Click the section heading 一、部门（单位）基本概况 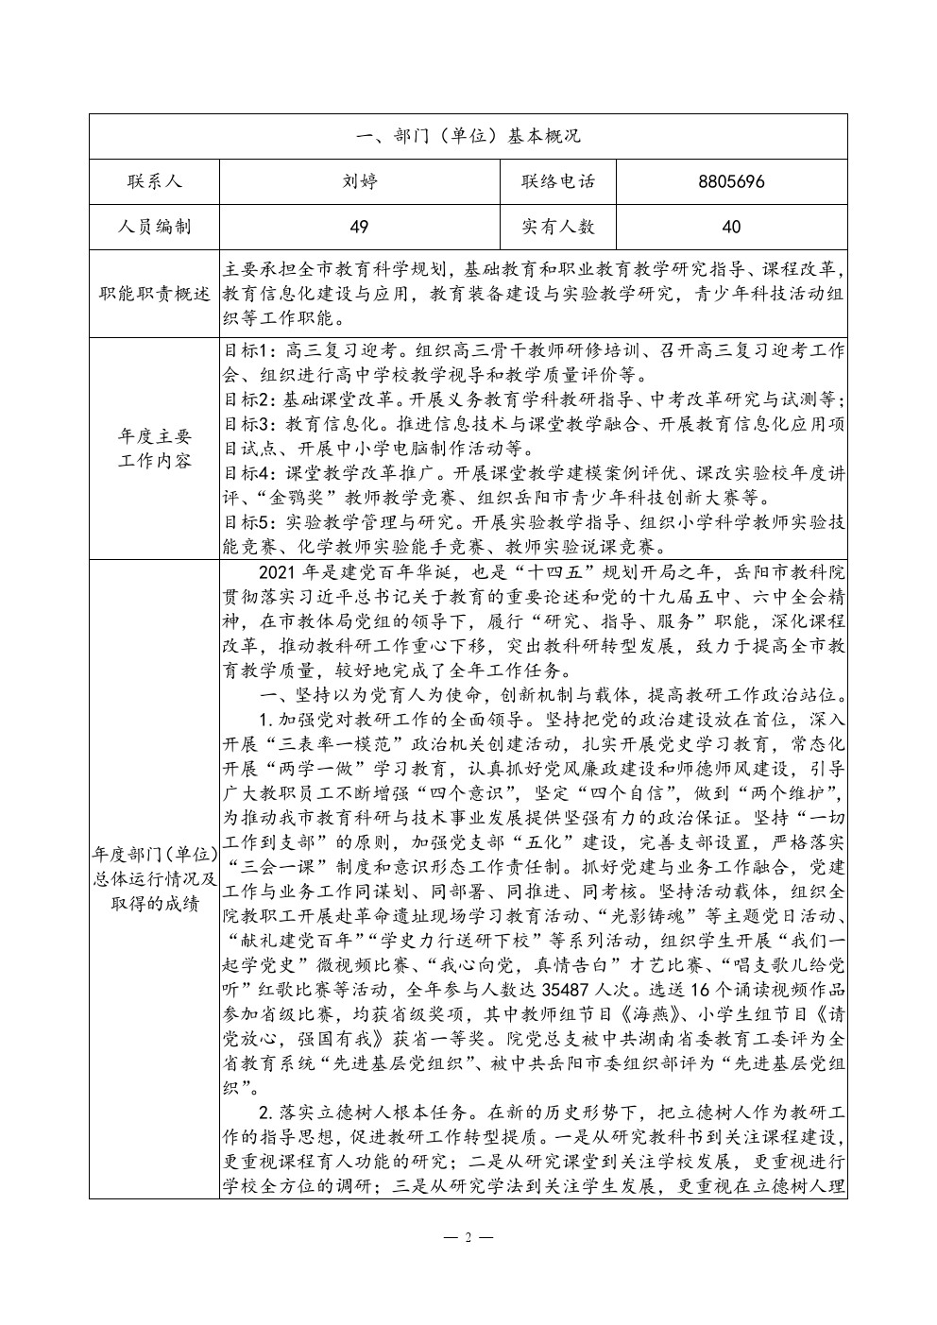[468, 136]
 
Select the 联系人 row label [154, 181]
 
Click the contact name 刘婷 [359, 181]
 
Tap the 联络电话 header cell [557, 181]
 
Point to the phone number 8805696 [731, 181]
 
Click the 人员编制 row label [154, 227]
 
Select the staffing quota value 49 [359, 227]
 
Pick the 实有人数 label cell [557, 227]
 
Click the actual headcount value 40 [731, 227]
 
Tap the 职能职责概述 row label [154, 294]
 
